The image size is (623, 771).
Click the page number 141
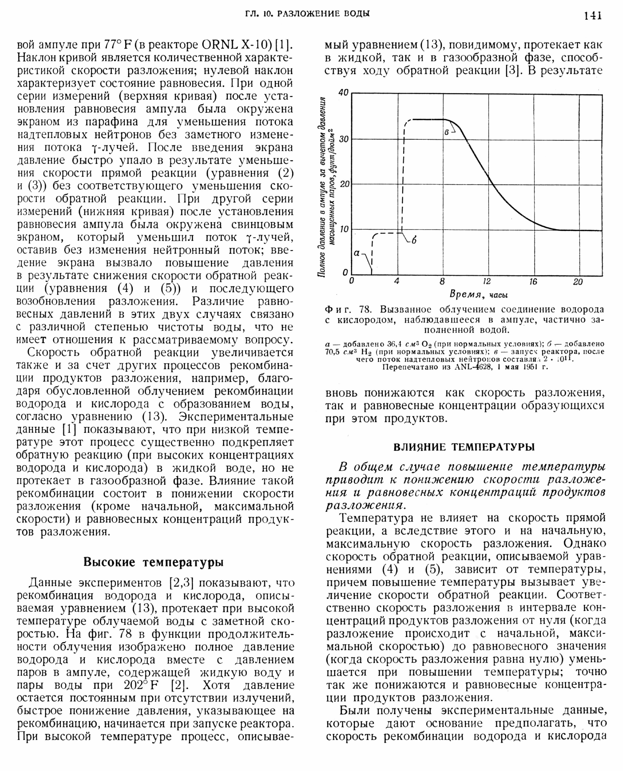tap(592, 16)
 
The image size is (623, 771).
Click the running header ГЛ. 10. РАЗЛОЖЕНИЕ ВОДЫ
tap(308, 14)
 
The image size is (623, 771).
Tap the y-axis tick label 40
tap(343, 93)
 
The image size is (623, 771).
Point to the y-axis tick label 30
tap(343, 139)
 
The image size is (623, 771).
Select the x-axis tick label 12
tap(487, 282)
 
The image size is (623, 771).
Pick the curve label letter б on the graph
tap(414, 241)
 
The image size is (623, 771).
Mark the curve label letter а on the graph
tap(357, 253)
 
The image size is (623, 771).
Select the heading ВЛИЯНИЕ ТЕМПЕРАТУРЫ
tap(464, 447)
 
